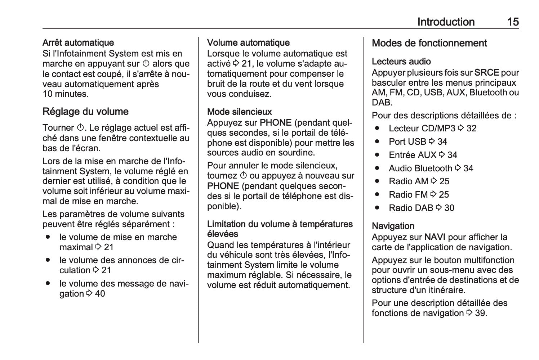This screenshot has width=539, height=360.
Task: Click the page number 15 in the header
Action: tap(513, 22)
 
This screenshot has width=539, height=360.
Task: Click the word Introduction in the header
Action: tap(446, 22)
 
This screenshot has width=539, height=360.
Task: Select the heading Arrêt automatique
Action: tap(78, 43)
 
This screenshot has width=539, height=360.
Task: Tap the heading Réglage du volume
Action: tap(85, 112)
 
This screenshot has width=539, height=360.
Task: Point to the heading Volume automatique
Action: tap(248, 43)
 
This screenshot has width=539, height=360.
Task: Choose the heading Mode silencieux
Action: tap(239, 112)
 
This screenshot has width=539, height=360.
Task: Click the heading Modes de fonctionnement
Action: tap(429, 43)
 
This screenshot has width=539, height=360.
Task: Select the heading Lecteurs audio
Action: tap(401, 62)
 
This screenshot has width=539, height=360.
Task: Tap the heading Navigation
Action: tap(393, 226)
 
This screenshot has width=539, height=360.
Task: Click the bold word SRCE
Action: tap(486, 73)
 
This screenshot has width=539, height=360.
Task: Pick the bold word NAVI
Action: tap(435, 237)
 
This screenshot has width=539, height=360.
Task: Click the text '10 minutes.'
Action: tap(66, 94)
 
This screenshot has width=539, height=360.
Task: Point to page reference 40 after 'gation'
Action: tap(100, 294)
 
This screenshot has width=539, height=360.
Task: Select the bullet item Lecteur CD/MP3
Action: tap(422, 129)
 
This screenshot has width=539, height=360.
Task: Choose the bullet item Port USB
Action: tap(407, 142)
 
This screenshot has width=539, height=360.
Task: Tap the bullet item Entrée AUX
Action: tap(413, 155)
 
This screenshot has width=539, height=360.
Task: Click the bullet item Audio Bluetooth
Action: tap(420, 168)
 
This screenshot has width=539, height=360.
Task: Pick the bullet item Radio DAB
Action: tap(411, 208)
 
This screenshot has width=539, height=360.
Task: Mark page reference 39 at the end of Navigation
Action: tap(480, 313)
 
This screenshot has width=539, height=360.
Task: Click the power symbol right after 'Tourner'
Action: tap(80, 128)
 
